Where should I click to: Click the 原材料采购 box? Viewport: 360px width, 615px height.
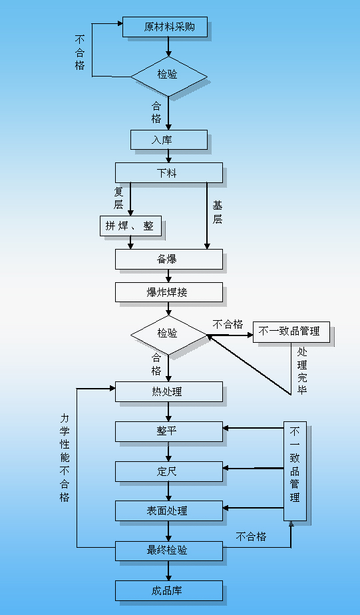tap(165, 27)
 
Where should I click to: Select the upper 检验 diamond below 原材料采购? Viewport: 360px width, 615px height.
tap(168, 75)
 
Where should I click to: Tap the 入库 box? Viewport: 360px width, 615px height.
tap(169, 140)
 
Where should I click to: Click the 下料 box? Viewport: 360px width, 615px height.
tap(168, 173)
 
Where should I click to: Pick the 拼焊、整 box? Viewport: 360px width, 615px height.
tap(130, 226)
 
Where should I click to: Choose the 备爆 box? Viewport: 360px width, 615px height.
tap(168, 259)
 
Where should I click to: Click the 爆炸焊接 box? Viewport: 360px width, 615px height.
tap(168, 292)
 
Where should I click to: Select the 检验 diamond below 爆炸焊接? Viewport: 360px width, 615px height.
tap(168, 333)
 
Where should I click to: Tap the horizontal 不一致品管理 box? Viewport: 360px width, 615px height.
tap(291, 331)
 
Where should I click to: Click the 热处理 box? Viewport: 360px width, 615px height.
tap(168, 391)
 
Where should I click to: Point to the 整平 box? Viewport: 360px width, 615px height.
tap(168, 431)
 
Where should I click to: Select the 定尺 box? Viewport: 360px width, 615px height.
tap(168, 471)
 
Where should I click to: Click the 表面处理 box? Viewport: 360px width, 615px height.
tap(168, 511)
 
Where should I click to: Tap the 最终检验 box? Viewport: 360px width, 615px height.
tap(168, 550)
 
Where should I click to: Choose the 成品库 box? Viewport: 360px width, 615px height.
tap(168, 590)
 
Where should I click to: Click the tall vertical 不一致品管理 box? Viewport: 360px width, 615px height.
tap(295, 471)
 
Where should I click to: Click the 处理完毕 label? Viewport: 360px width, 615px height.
tap(302, 370)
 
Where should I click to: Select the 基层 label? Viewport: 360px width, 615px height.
tap(217, 212)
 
